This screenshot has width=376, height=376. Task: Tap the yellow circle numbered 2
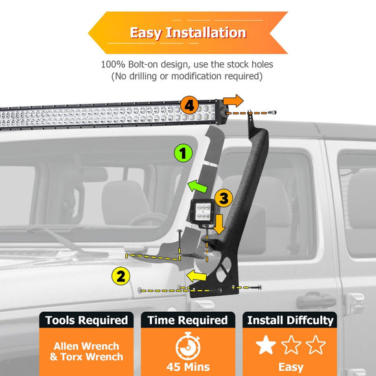119,276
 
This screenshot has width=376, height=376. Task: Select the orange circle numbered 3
221,198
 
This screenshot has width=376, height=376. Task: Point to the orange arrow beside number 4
232,100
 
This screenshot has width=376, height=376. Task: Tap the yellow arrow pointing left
197,277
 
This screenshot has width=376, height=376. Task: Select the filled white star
266,345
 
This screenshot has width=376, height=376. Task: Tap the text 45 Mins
187,368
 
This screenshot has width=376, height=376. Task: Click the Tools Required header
86,320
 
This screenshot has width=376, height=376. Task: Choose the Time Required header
187,320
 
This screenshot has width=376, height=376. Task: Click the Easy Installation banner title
187,32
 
